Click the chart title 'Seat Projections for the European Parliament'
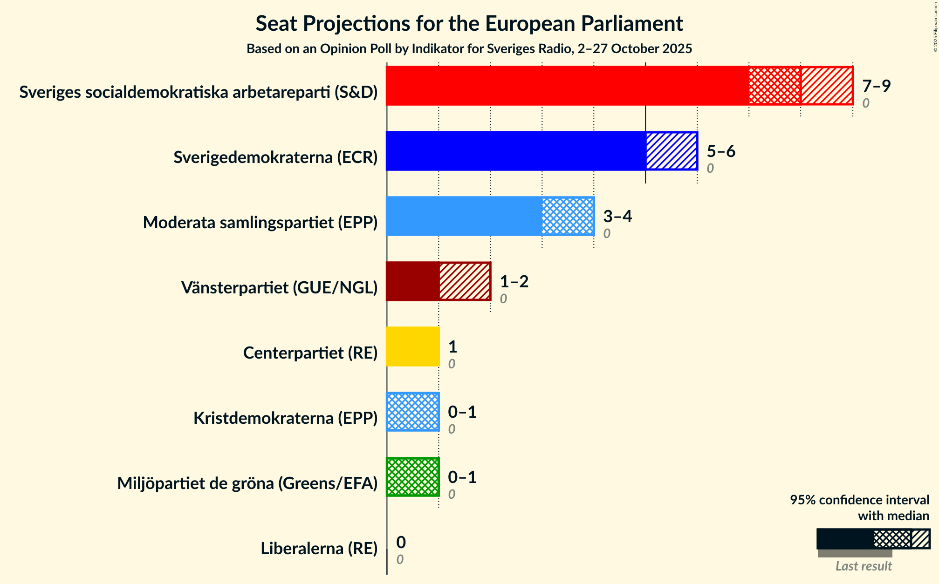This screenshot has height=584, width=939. pos(469,23)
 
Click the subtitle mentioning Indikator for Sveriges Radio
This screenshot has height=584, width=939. pos(469,49)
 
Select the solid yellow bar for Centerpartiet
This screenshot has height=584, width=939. pos(413,346)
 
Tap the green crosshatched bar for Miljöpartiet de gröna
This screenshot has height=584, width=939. pos(413,477)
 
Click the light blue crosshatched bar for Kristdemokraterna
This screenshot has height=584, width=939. pos(413,412)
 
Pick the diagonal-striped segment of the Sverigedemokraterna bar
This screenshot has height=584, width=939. pos(672,151)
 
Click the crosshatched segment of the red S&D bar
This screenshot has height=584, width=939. pos(775,86)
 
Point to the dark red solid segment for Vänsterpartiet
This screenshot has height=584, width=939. pos(412,281)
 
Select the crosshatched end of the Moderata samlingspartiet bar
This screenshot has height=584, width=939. pos(568,216)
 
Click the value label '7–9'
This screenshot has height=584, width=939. pos(876,86)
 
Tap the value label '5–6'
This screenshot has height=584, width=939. pos(721,151)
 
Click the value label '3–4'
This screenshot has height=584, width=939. pos(617,217)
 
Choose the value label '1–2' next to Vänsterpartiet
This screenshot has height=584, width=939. pos(514,282)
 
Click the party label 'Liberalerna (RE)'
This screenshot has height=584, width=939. pos(319,549)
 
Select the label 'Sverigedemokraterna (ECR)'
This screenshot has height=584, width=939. pos(275,157)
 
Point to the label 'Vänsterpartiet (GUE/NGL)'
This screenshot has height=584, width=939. pos(279,288)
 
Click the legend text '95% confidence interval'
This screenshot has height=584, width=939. pos(859,500)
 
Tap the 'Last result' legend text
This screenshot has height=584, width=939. pos(864,566)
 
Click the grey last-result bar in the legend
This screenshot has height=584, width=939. pos(855,553)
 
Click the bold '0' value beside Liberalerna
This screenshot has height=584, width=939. pos(401,542)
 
